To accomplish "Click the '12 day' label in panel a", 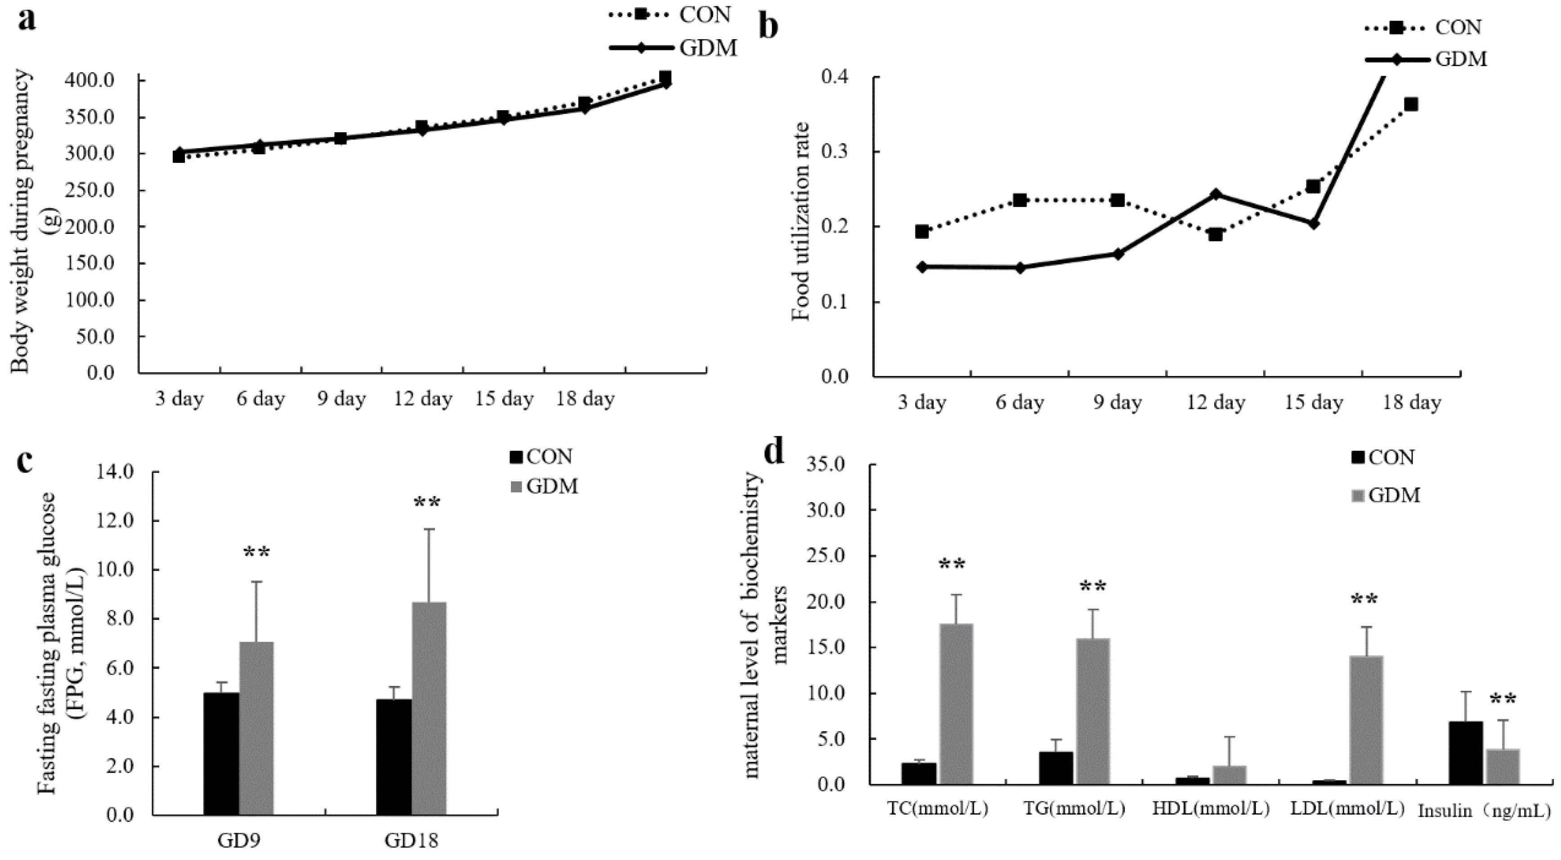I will coord(423,399).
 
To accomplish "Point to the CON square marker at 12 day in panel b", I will coord(1216,234).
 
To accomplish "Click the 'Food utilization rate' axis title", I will coord(801,221).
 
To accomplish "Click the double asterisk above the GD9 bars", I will coord(256,553).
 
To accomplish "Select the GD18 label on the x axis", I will coord(412,841).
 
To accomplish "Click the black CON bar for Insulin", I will coord(1465,753).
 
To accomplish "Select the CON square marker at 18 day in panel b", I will coord(1411,104).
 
